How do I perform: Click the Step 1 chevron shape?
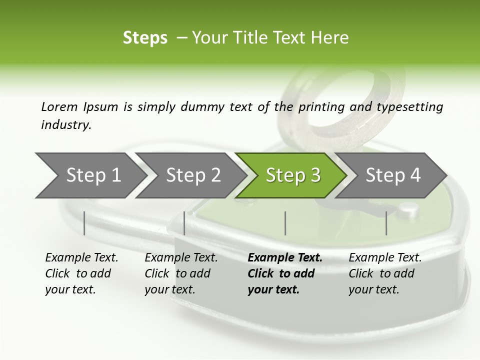(90, 175)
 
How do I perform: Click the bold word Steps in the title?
(145, 37)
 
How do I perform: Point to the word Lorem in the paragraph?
(59, 106)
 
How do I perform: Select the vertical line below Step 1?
(84, 223)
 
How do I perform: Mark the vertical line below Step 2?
(184, 223)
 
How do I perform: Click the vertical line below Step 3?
(285, 223)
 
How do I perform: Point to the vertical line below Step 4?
(386, 223)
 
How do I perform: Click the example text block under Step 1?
(81, 273)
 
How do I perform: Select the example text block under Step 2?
(181, 273)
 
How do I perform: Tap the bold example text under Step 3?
(285, 273)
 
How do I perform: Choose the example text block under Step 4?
(385, 273)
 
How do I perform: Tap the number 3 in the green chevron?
(315, 175)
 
